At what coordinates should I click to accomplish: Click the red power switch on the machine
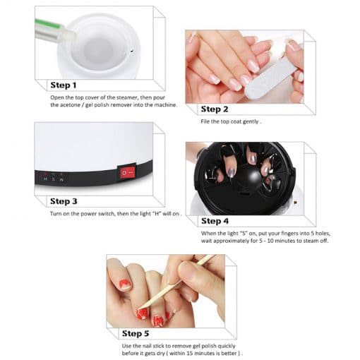tap(127, 172)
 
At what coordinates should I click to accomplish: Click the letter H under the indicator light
tap(46, 179)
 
